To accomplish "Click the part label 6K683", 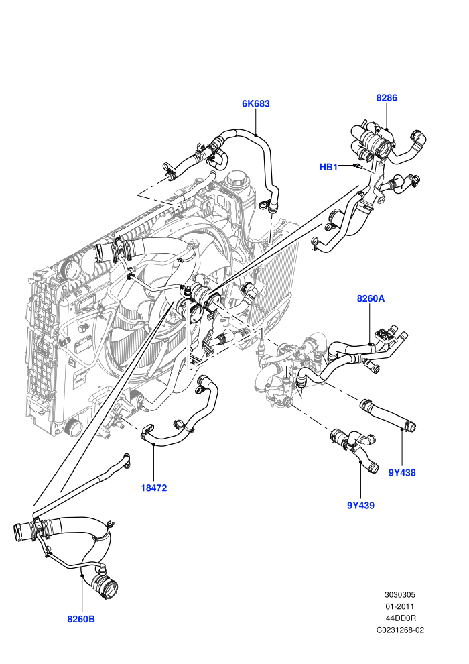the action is [x=255, y=104].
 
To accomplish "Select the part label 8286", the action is [x=387, y=98].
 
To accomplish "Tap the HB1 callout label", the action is [x=328, y=167].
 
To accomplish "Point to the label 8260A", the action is [x=371, y=298].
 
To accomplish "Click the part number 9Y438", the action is [x=402, y=473].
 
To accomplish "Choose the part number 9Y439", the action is [x=360, y=505].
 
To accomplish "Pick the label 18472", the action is [x=154, y=488].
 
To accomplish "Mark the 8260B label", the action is [x=81, y=619].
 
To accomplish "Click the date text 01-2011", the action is [x=399, y=606].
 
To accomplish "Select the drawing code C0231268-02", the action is [x=400, y=630].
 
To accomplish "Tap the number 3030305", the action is [x=399, y=594].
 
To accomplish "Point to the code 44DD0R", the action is [x=401, y=618].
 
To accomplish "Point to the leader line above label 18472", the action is [x=153, y=463].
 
